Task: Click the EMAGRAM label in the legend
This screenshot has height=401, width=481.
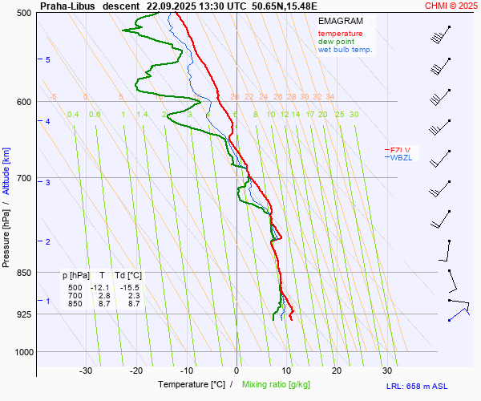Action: [x=339, y=20]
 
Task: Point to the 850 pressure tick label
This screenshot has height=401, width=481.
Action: [x=24, y=273]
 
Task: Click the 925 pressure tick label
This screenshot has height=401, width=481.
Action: [x=24, y=314]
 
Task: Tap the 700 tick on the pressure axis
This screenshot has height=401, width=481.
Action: [x=24, y=178]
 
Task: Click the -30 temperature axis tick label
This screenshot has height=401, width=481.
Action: [x=86, y=371]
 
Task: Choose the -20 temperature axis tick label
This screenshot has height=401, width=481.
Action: [x=136, y=371]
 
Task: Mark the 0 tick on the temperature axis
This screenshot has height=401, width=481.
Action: [x=236, y=371]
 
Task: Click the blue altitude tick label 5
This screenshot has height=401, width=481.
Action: [x=48, y=60]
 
